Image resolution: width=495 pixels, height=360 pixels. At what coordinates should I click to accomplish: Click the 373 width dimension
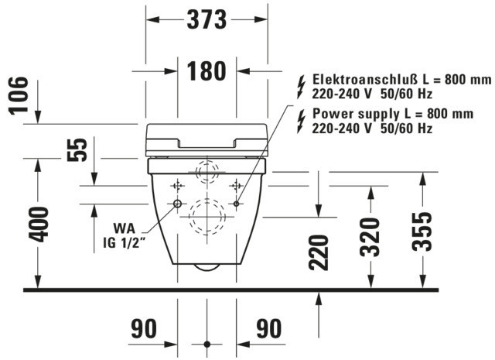pyautogui.click(x=207, y=19)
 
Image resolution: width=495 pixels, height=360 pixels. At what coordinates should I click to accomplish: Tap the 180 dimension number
pyautogui.click(x=207, y=71)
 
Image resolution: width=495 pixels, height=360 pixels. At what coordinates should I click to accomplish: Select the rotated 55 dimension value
pyautogui.click(x=77, y=150)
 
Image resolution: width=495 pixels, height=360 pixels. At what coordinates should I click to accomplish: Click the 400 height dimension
pyautogui.click(x=39, y=225)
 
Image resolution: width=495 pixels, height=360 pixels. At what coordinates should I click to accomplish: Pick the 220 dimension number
pyautogui.click(x=319, y=253)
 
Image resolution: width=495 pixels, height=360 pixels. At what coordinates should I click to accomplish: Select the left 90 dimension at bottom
pyautogui.click(x=144, y=329)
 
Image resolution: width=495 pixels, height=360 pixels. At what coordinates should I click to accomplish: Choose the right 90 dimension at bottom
pyautogui.click(x=268, y=329)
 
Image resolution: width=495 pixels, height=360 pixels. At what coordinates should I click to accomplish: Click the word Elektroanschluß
pyautogui.click(x=366, y=79)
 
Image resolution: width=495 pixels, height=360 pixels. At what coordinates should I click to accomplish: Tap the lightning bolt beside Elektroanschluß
pyautogui.click(x=302, y=87)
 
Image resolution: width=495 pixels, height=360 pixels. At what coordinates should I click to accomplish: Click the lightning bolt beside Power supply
pyautogui.click(x=302, y=122)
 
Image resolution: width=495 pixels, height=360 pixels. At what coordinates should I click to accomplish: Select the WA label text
pyautogui.click(x=124, y=228)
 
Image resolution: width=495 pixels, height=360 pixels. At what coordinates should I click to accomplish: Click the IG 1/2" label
pyautogui.click(x=125, y=243)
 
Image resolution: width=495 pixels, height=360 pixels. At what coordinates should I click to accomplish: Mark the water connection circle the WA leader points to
pyautogui.click(x=177, y=204)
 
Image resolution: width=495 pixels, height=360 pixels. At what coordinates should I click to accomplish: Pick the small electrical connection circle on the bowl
pyautogui.click(x=237, y=204)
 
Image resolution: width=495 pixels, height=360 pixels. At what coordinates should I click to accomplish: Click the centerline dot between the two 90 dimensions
pyautogui.click(x=207, y=345)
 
